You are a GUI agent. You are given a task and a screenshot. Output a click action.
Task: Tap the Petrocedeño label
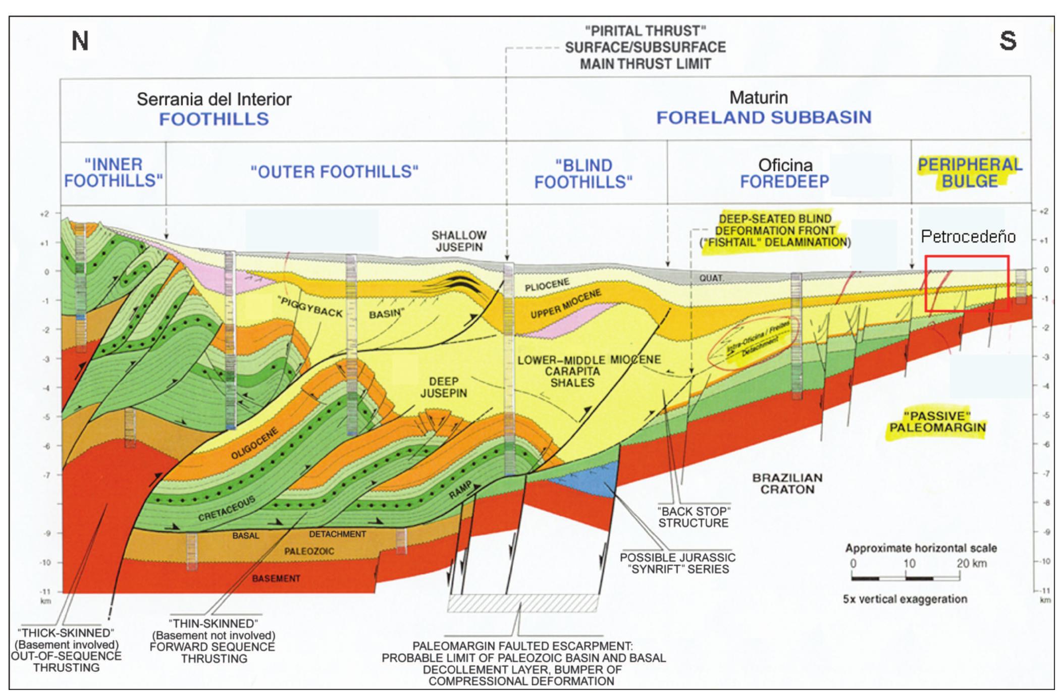968,236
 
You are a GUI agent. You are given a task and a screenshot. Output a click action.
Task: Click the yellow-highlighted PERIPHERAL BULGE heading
970,173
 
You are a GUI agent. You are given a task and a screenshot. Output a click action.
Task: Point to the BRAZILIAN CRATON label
787,483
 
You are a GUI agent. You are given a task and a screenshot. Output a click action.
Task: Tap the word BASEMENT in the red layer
276,578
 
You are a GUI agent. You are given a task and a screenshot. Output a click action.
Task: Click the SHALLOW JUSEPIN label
459,241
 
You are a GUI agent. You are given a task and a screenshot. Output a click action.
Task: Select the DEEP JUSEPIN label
444,387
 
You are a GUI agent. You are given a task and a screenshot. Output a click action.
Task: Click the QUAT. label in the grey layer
711,278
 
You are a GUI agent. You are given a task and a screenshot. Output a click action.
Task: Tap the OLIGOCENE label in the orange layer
255,443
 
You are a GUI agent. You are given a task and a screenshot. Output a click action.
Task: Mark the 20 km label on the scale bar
971,563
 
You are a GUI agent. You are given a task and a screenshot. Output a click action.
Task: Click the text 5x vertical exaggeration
905,599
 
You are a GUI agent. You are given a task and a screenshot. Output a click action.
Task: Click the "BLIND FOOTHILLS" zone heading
584,174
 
